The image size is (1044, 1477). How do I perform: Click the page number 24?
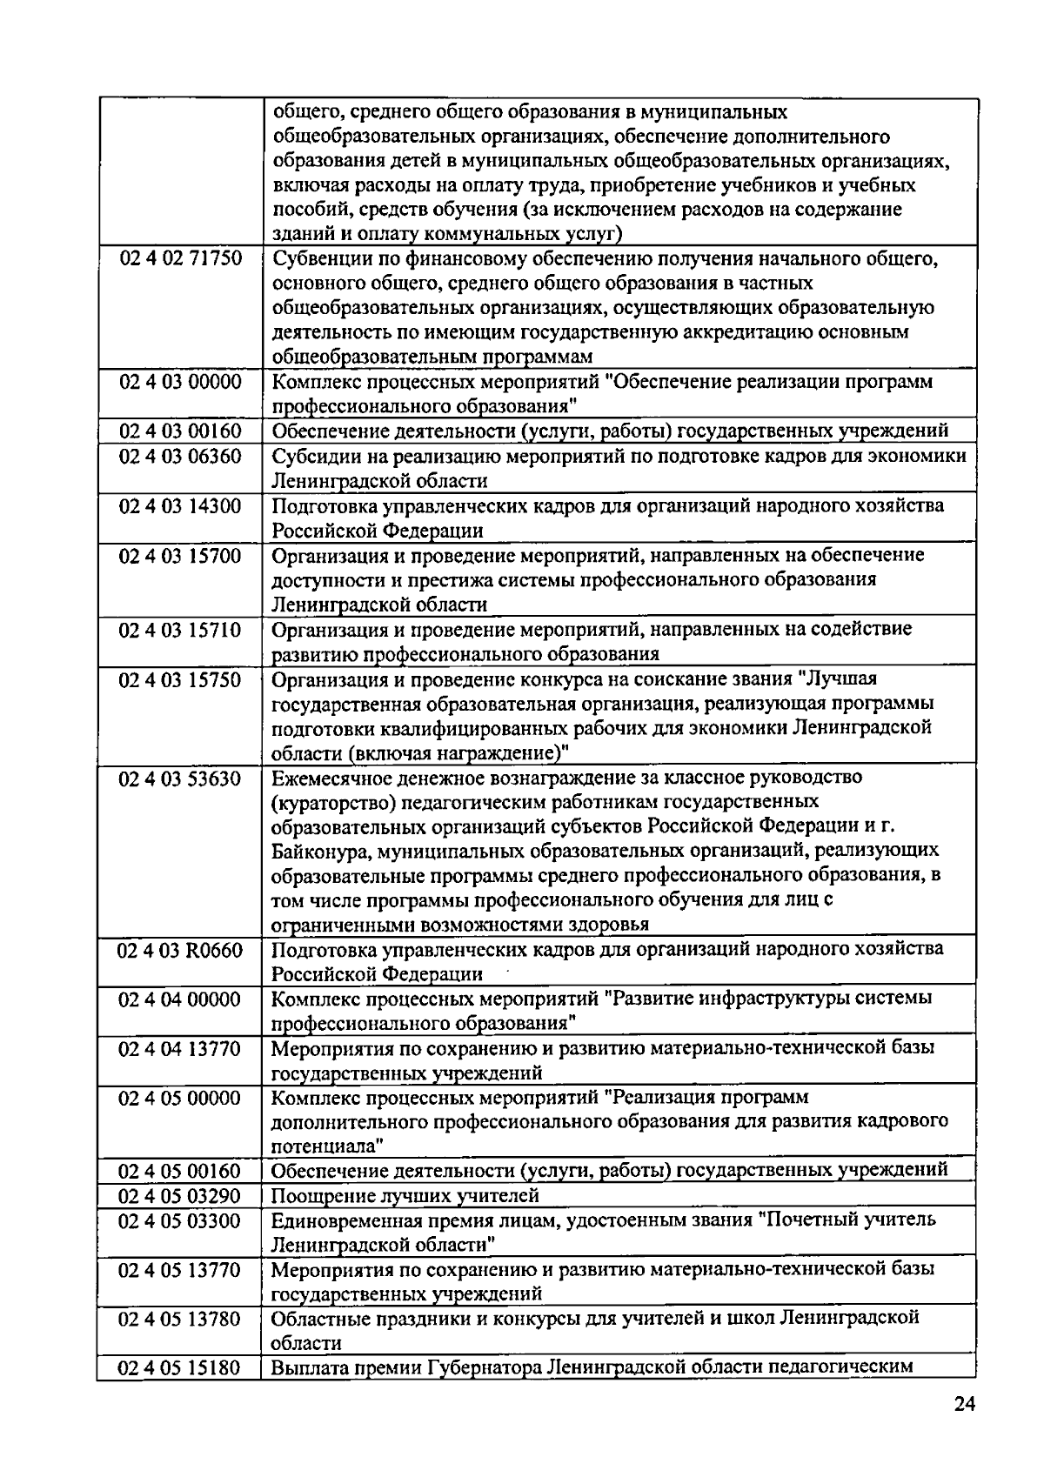pyautogui.click(x=963, y=1428)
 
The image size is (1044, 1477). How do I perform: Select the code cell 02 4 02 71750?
pyautogui.click(x=180, y=258)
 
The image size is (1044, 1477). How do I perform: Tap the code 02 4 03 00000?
pyautogui.click(x=180, y=382)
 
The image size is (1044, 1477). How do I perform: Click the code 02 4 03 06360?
pyautogui.click(x=180, y=457)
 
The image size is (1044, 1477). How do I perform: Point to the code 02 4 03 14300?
pyautogui.click(x=180, y=505)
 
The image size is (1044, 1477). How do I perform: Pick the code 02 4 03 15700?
pyautogui.click(x=180, y=555)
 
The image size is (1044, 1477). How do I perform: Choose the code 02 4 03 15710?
pyautogui.click(x=180, y=629)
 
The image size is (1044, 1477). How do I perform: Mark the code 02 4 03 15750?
pyautogui.click(x=180, y=678)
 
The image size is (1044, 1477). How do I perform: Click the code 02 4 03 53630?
pyautogui.click(x=180, y=778)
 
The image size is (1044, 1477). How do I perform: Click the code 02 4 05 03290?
pyautogui.click(x=180, y=1196)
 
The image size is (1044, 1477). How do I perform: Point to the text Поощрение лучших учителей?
pyautogui.click(x=405, y=1196)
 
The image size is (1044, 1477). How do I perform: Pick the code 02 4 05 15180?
pyautogui.click(x=180, y=1367)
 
